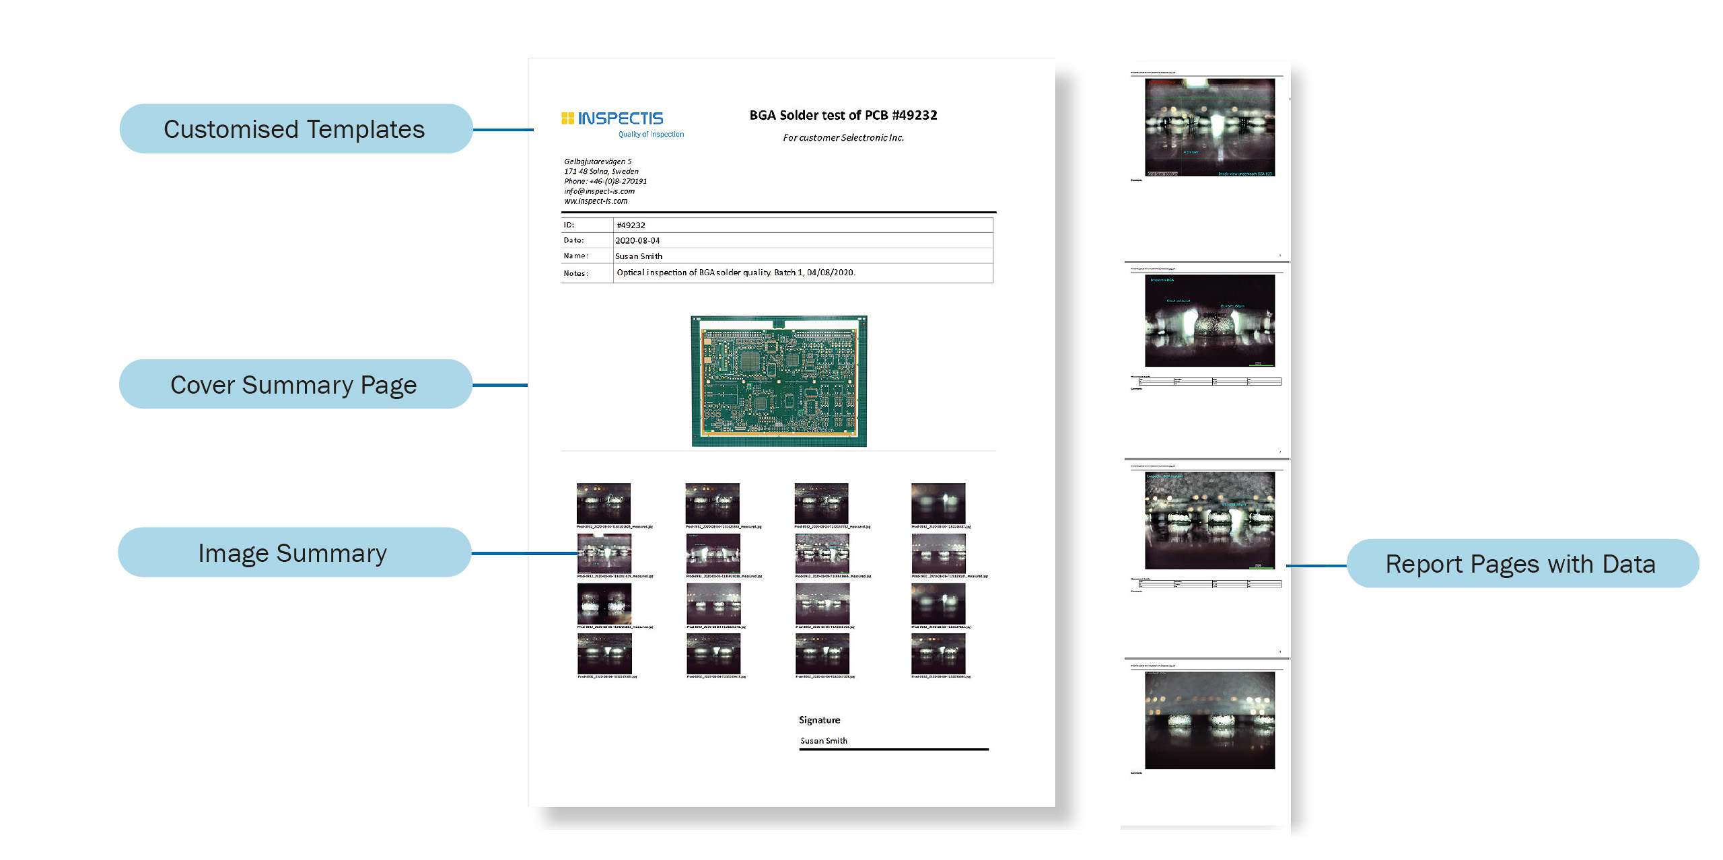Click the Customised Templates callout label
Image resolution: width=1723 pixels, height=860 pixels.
point(295,129)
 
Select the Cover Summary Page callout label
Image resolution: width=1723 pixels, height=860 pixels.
point(294,385)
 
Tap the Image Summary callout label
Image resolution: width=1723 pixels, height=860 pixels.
point(293,553)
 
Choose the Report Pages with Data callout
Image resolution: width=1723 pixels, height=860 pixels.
point(1520,564)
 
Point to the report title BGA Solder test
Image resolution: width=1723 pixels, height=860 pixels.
point(843,115)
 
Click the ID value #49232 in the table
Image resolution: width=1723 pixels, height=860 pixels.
point(631,225)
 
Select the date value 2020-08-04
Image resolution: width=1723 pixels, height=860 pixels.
point(637,240)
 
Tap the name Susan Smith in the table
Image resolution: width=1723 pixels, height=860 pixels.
point(639,256)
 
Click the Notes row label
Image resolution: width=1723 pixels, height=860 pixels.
point(576,273)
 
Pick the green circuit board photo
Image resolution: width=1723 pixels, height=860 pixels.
point(779,380)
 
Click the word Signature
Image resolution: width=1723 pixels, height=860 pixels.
point(819,720)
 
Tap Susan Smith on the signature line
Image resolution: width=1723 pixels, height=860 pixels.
point(824,741)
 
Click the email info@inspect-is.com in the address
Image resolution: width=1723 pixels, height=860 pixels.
point(599,191)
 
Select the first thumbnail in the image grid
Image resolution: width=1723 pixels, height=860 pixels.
point(604,503)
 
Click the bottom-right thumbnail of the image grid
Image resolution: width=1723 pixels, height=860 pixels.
point(938,653)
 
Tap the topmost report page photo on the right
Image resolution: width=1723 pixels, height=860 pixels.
point(1209,127)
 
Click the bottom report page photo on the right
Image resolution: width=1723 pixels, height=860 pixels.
point(1209,721)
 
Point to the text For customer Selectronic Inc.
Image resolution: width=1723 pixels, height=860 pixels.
point(843,138)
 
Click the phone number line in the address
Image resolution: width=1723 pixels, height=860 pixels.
point(605,181)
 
